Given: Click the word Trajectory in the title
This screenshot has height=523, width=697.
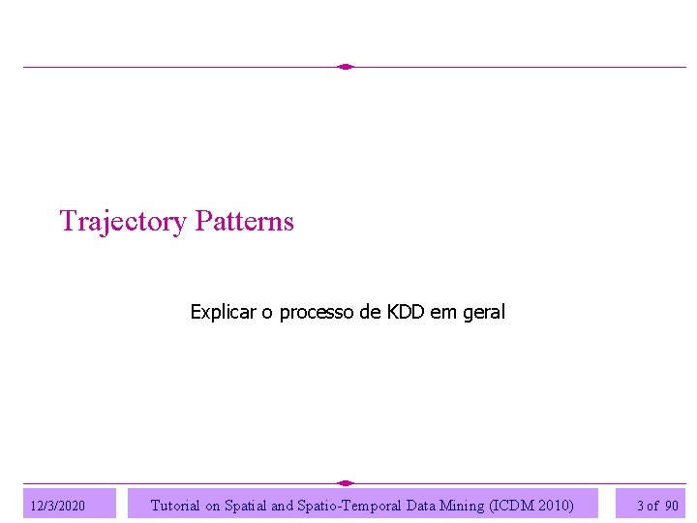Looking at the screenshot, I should (x=123, y=222).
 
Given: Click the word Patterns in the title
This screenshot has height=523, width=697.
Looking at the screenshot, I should (x=244, y=221).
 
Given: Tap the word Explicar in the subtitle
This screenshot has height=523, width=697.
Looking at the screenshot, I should (x=222, y=312).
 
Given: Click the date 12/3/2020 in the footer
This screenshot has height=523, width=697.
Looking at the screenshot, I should (x=58, y=506).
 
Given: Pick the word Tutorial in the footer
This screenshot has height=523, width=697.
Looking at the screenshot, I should (x=175, y=505).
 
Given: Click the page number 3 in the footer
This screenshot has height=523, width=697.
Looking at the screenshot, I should (x=640, y=506).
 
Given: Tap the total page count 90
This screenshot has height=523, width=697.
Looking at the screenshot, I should (x=672, y=506).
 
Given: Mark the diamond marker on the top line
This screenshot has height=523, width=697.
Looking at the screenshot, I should (x=346, y=67).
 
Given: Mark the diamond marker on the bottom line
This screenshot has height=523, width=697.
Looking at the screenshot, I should (x=346, y=482).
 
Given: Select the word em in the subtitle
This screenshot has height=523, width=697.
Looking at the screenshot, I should (x=440, y=312).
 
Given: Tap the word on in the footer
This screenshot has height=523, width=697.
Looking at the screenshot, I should (x=214, y=506).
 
